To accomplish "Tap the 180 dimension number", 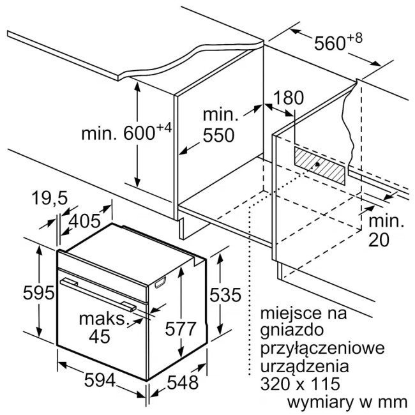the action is click(x=288, y=98).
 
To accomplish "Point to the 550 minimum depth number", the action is click(x=218, y=135).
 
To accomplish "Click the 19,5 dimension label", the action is click(x=50, y=198).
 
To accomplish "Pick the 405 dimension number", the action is click(x=85, y=221).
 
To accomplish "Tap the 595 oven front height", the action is click(x=39, y=293).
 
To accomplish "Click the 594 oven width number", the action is click(x=100, y=381).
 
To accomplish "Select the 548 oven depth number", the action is click(x=183, y=382).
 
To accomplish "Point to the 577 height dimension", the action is click(x=181, y=329).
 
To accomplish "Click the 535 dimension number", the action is click(x=225, y=295).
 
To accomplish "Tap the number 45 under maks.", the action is click(x=100, y=336).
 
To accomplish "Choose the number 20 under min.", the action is click(x=379, y=240).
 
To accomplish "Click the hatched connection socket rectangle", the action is click(x=320, y=166).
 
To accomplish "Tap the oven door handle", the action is click(x=98, y=294).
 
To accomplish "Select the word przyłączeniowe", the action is click(x=322, y=349).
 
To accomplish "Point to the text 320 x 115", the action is click(x=300, y=384).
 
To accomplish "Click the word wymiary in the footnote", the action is click(x=320, y=403).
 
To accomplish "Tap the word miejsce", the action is click(x=292, y=313).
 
